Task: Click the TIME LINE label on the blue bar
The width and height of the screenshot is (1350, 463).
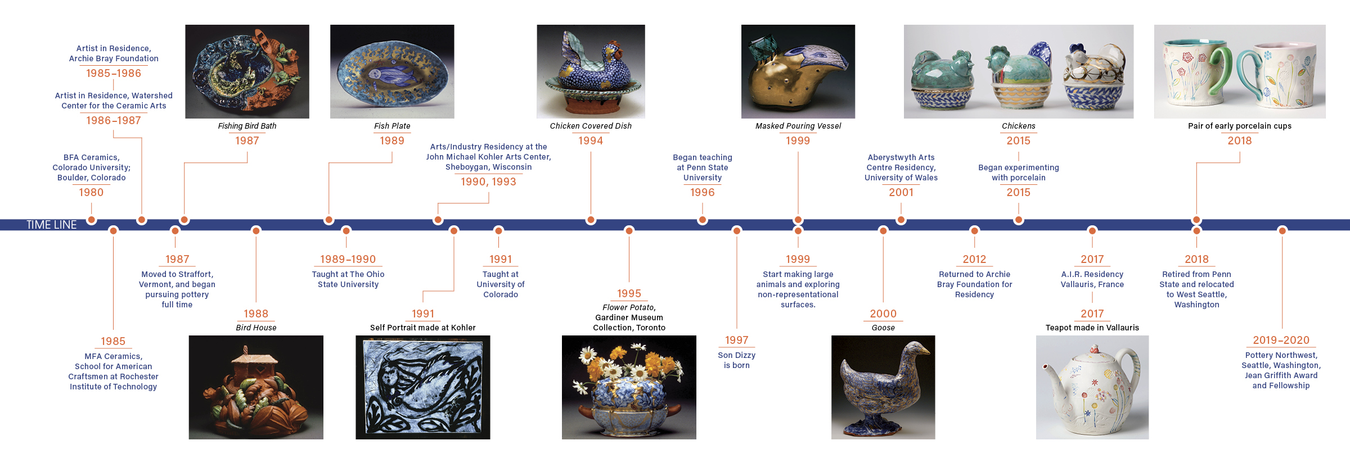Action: tap(52, 225)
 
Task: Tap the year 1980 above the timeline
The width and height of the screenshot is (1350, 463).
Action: tap(91, 192)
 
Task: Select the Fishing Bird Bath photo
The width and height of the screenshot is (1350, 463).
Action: tap(247, 71)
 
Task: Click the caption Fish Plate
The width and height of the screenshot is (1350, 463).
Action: tap(392, 126)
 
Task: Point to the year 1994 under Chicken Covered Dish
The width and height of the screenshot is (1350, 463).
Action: tap(591, 140)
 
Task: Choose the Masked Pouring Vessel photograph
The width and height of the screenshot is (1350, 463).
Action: tap(798, 71)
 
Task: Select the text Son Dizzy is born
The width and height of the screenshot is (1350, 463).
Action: tap(736, 360)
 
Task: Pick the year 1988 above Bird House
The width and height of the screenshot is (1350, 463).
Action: tap(256, 314)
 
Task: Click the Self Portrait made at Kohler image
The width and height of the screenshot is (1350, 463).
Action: tap(423, 387)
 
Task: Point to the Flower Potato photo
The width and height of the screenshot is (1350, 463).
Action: tap(629, 387)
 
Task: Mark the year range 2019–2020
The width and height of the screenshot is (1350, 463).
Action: tap(1281, 340)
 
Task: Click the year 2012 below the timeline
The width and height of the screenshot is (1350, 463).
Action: tap(974, 259)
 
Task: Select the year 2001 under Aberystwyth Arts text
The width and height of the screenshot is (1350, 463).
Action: tap(901, 192)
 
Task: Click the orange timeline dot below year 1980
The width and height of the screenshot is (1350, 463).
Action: tap(91, 220)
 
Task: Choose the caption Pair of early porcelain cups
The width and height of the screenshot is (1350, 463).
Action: tap(1240, 126)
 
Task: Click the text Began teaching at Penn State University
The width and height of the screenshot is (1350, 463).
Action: tap(703, 167)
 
